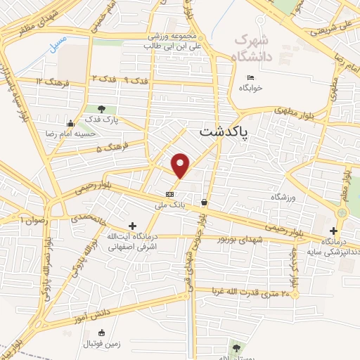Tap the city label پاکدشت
point(224,132)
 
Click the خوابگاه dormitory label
point(250,89)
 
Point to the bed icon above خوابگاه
point(250,78)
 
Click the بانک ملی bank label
point(169,205)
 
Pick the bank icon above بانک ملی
point(169,194)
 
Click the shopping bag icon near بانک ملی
point(204,202)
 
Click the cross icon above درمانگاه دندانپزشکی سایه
point(333,231)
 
